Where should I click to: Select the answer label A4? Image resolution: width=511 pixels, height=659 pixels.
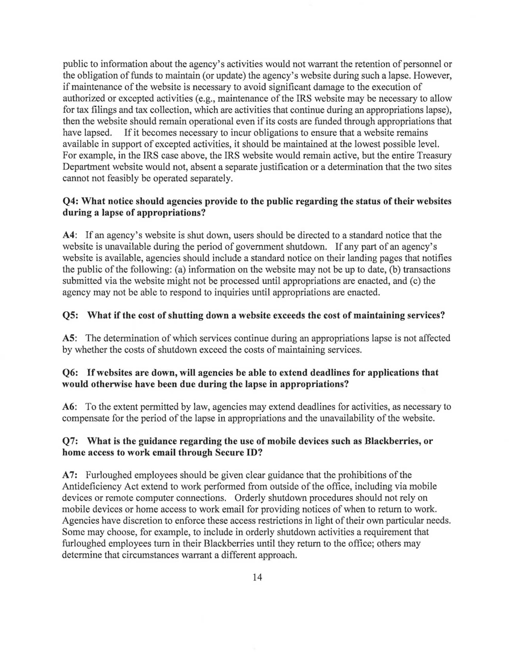70,236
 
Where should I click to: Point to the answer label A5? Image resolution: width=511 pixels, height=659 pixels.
70,339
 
